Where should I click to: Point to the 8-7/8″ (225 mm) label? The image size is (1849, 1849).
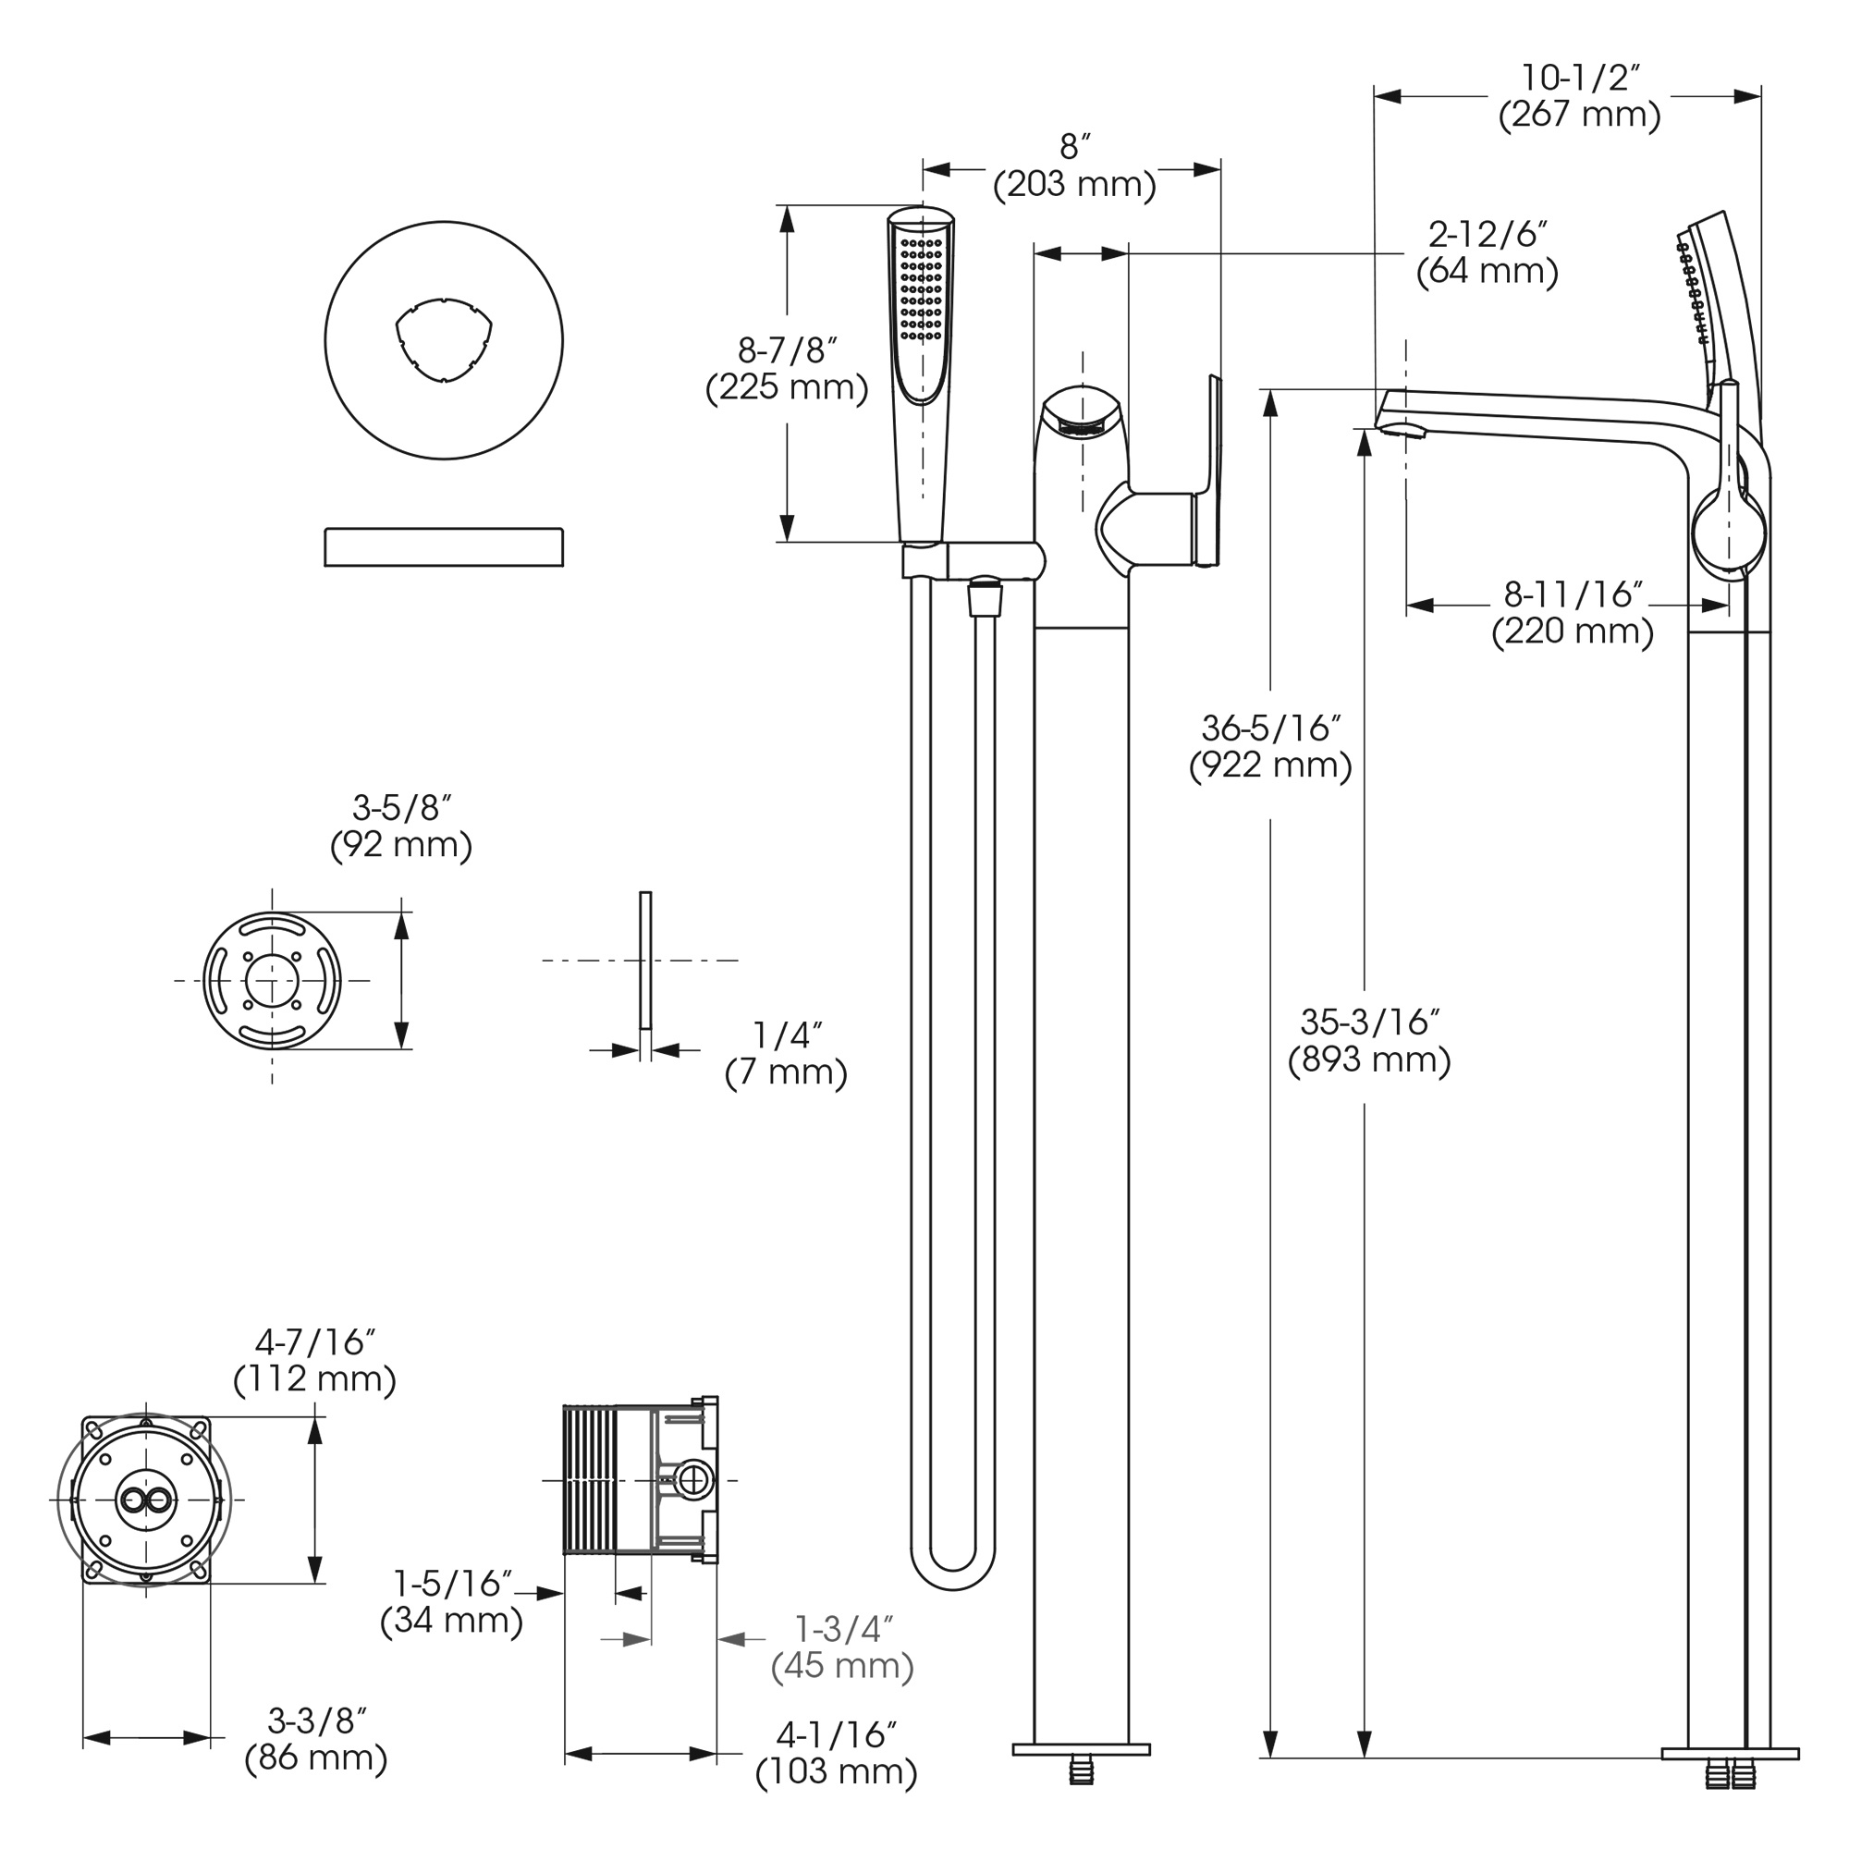[787, 369]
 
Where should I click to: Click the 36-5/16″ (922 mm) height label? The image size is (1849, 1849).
[1270, 747]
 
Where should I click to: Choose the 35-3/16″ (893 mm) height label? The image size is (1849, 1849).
[1368, 1042]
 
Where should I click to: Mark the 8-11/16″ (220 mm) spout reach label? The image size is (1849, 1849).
[1573, 614]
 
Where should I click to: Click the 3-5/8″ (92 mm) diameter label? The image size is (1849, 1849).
[401, 827]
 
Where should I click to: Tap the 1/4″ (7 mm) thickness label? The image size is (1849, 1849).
[786, 1054]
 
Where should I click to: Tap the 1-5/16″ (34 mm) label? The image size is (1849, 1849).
[452, 1602]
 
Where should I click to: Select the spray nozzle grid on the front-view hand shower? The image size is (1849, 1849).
[921, 288]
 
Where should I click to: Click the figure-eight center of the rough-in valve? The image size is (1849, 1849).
[146, 1500]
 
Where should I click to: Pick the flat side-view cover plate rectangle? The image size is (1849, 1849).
[443, 546]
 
